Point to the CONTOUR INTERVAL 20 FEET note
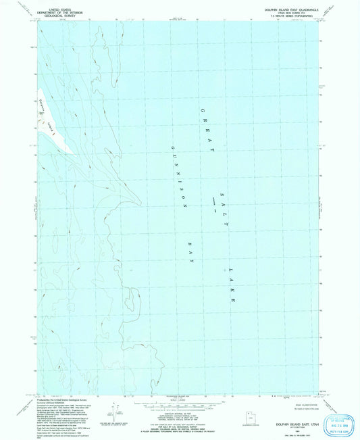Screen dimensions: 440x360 coord(180,404)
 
